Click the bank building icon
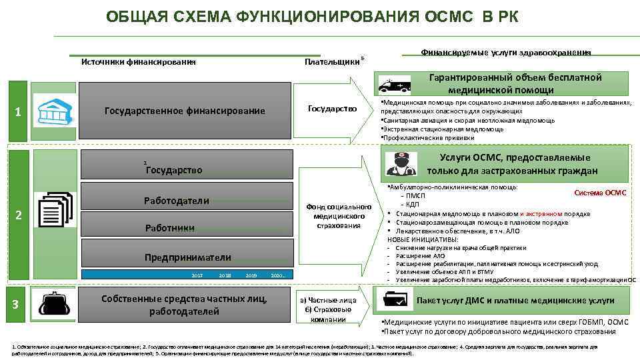point(55,111)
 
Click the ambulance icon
point(395,85)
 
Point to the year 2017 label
point(197,275)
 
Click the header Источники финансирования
point(138,62)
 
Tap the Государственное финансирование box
point(185,111)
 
